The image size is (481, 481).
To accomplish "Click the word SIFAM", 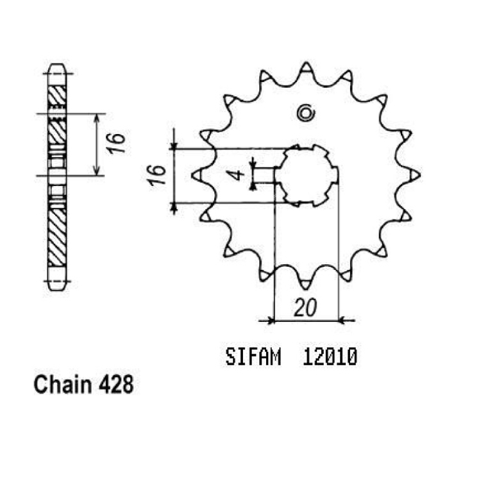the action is [253, 357].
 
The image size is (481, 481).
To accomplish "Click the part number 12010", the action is [330, 357].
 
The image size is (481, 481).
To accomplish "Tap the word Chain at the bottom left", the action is [63, 384].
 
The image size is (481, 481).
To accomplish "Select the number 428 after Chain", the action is [116, 385].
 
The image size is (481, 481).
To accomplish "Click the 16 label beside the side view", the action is [117, 143].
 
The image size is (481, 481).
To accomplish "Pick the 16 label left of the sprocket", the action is [157, 175].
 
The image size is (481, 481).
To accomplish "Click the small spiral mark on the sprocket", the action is [305, 113].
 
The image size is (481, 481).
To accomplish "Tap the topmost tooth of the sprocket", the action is [306, 68].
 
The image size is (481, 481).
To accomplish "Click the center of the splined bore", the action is [307, 176].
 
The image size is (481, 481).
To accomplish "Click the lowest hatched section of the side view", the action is [57, 237].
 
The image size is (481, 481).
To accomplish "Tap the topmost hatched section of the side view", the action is [57, 96].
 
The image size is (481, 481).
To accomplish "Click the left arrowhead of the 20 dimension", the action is [271, 321].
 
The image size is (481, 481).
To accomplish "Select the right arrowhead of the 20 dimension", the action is [342, 321].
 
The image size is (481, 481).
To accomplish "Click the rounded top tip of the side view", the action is [57, 65].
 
